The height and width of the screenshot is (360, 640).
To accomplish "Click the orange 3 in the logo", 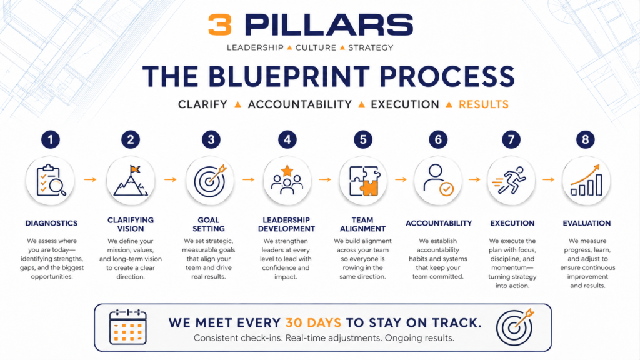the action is click(220, 25).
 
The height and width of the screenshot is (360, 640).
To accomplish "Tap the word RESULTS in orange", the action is click(484, 104).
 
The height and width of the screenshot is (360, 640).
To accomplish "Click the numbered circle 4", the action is click(287, 139).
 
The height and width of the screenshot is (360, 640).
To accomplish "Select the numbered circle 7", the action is click(511, 139).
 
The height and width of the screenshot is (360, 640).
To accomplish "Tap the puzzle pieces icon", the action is click(364, 181).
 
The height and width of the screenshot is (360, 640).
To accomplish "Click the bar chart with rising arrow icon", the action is click(586, 180).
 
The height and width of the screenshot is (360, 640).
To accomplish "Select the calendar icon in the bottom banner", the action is click(127, 327).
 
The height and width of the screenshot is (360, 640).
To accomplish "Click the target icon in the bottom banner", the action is click(515, 327).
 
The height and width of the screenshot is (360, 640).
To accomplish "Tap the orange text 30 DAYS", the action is click(313, 323).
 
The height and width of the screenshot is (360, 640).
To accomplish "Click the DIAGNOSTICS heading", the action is click(51, 223).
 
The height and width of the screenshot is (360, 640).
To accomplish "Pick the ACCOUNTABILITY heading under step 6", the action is click(439, 223).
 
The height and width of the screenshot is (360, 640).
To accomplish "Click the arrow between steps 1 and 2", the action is click(91, 179).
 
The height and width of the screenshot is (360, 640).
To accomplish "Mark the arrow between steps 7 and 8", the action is click(549, 179).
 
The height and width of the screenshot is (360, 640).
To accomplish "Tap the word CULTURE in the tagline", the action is click(316, 47).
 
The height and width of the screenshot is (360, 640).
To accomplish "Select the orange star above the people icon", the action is click(287, 170).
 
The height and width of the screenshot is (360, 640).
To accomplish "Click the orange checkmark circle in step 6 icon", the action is click(446, 189).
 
